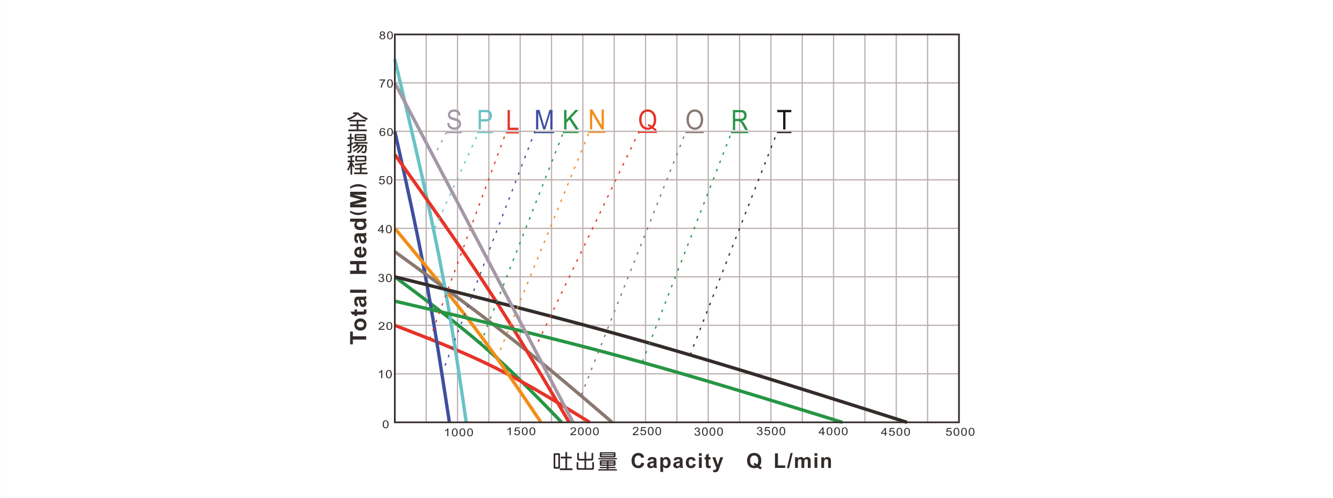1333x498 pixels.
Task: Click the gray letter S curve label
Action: pyautogui.click(x=454, y=120)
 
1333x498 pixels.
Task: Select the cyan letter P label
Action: pyautogui.click(x=484, y=120)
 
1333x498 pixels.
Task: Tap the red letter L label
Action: pyautogui.click(x=513, y=120)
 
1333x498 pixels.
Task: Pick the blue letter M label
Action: pyautogui.click(x=544, y=120)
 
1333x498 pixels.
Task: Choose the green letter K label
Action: pyautogui.click(x=570, y=120)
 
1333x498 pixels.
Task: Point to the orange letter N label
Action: pyautogui.click(x=597, y=120)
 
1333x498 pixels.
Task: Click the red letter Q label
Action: pyautogui.click(x=648, y=120)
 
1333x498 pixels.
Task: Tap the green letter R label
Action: pyautogui.click(x=740, y=120)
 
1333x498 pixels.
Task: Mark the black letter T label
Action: pyautogui.click(x=784, y=120)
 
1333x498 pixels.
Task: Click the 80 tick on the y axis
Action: pyautogui.click(x=386, y=36)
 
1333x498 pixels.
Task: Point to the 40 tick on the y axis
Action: pyautogui.click(x=386, y=229)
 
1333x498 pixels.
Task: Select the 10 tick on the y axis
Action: pyautogui.click(x=386, y=374)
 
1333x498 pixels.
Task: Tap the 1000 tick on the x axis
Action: pyautogui.click(x=458, y=432)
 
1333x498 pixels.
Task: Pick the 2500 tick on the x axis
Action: pyautogui.click(x=646, y=432)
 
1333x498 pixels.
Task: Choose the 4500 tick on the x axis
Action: pyautogui.click(x=897, y=432)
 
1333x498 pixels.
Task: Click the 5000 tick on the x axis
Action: pyautogui.click(x=960, y=432)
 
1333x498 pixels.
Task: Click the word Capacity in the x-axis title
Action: pyautogui.click(x=677, y=461)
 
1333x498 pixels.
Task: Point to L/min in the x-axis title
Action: pyautogui.click(x=802, y=461)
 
